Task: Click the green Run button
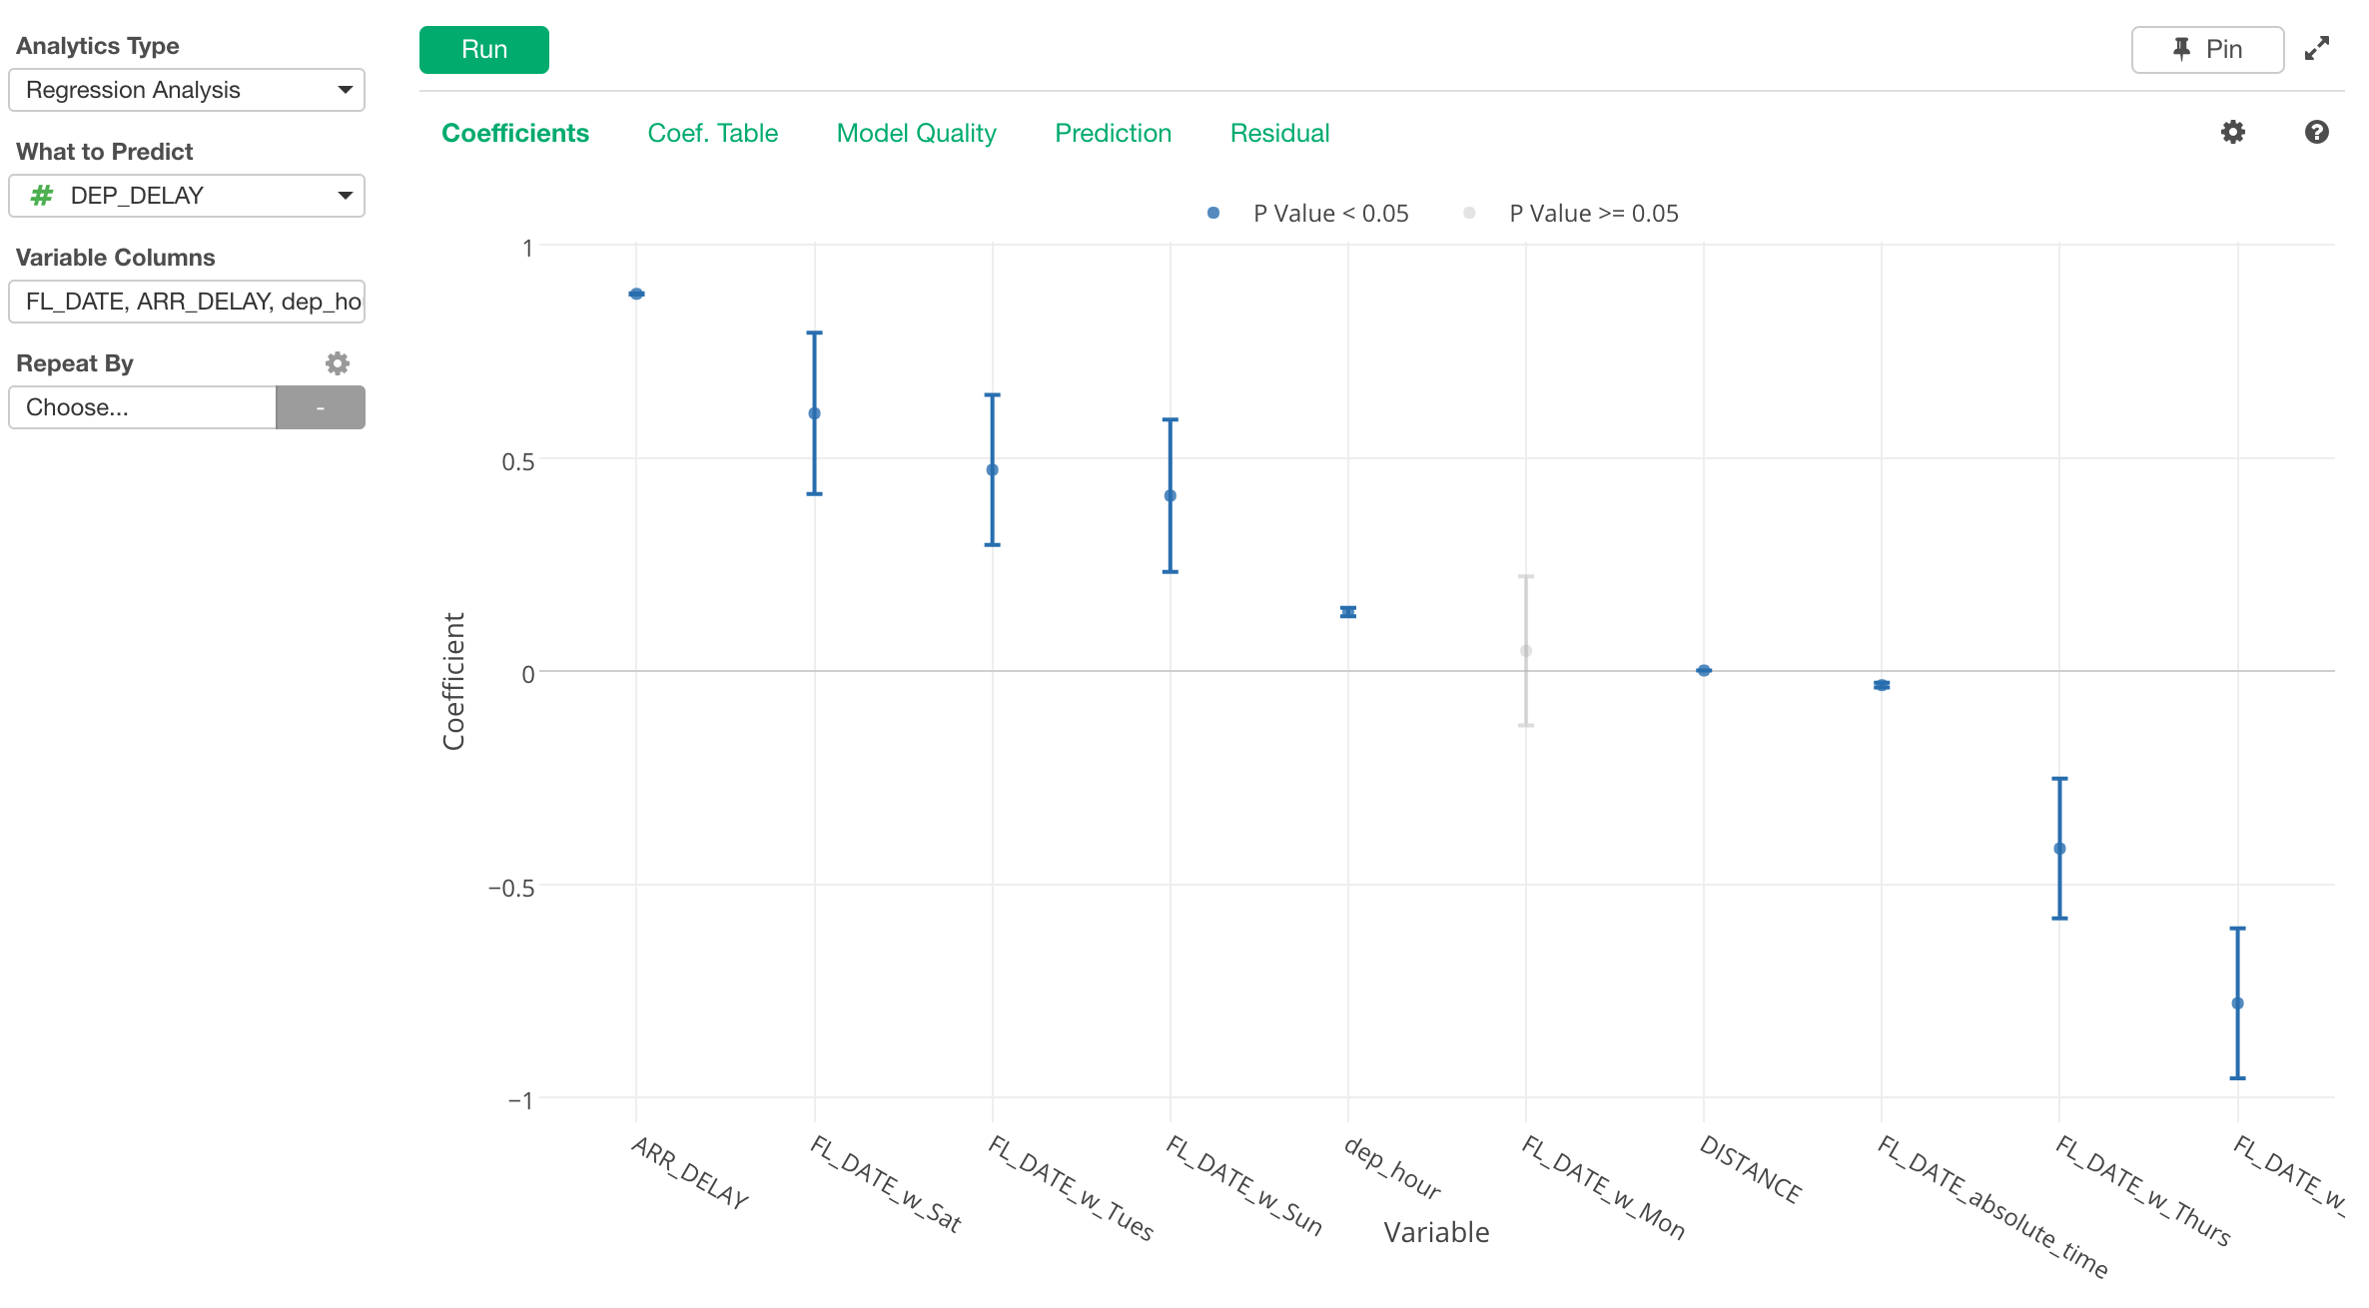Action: click(x=483, y=50)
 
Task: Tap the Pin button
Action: click(x=2207, y=50)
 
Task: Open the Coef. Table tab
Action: click(x=712, y=133)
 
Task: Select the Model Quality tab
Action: click(x=916, y=133)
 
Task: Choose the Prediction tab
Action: click(x=1113, y=133)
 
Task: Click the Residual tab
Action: click(x=1279, y=133)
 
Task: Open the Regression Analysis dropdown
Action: click(x=187, y=90)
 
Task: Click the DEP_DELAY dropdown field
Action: click(x=187, y=196)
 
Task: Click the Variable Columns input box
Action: click(x=187, y=302)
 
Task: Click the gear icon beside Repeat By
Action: click(x=338, y=363)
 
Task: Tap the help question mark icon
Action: click(x=2317, y=132)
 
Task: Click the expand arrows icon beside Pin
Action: click(x=2317, y=49)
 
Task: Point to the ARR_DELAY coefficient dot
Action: click(x=636, y=294)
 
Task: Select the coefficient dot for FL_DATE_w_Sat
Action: click(x=814, y=413)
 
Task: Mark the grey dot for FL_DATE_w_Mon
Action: click(x=1526, y=651)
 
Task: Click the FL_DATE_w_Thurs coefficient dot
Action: click(x=2059, y=849)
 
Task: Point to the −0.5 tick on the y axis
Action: click(x=511, y=888)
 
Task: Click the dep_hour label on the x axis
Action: click(x=1392, y=1168)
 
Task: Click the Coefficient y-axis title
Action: click(x=454, y=681)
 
